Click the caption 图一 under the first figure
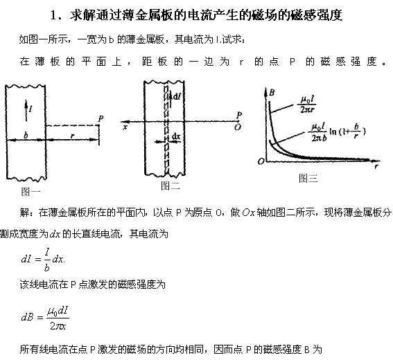[x=30, y=192]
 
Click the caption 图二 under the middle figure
[x=171, y=186]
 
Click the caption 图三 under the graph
[x=308, y=178]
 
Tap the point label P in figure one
[x=101, y=118]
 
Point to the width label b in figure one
[x=26, y=136]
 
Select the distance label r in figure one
[x=73, y=136]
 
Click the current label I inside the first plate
[x=30, y=109]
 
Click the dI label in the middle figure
[x=177, y=96]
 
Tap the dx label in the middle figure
[x=176, y=136]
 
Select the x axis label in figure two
[x=125, y=127]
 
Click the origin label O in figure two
[x=238, y=127]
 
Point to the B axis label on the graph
[x=272, y=93]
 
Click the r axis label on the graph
[x=376, y=166]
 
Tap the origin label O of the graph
[x=261, y=161]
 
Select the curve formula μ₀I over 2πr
[x=308, y=104]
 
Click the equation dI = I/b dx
[x=43, y=260]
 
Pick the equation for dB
[x=45, y=318]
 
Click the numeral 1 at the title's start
[x=53, y=15]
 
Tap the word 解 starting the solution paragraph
[x=24, y=213]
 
